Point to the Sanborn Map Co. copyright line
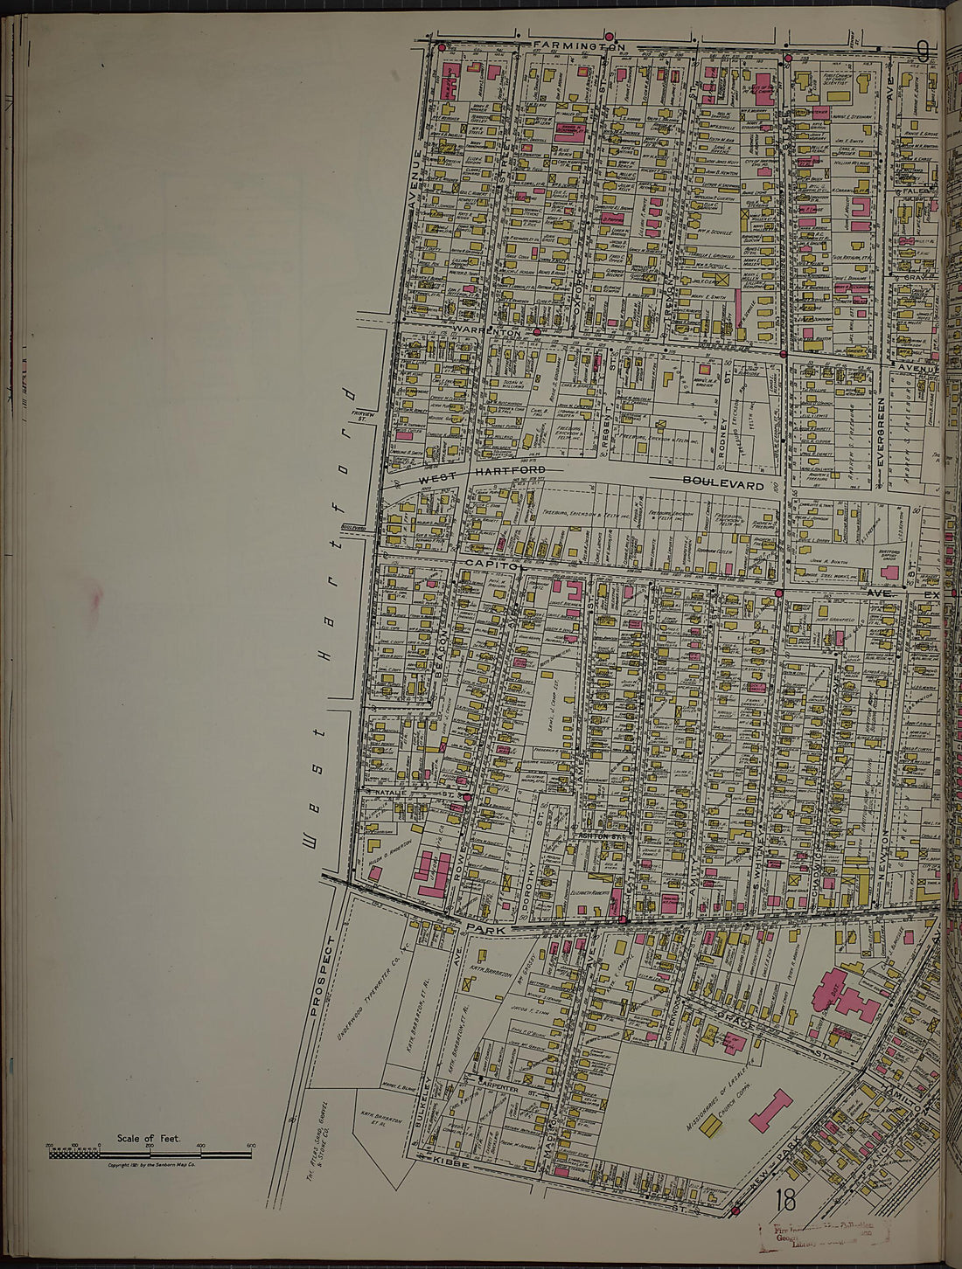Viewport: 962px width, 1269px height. (x=150, y=1165)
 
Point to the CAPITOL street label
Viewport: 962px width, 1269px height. (x=491, y=565)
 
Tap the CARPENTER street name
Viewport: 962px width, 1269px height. (x=498, y=1092)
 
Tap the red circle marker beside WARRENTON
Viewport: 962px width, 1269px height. (x=536, y=332)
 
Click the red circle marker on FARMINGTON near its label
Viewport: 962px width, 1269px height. (x=610, y=38)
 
